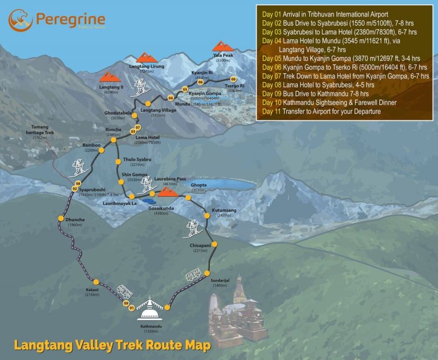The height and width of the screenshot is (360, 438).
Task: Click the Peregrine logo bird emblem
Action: pyautogui.click(x=19, y=20)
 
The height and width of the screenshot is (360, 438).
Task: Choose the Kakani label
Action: pyautogui.click(x=92, y=290)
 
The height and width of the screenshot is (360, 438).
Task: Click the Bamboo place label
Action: pyautogui.click(x=92, y=145)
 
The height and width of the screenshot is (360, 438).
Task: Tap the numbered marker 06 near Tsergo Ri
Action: pyautogui.click(x=233, y=79)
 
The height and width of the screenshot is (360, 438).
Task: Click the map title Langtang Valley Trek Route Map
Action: pyautogui.click(x=112, y=345)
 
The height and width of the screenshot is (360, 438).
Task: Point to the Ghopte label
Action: pyautogui.click(x=198, y=185)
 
